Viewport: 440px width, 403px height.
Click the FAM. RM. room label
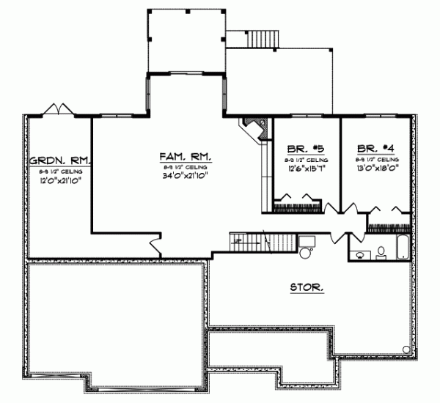pos(186,157)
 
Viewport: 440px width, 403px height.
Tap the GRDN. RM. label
pos(59,160)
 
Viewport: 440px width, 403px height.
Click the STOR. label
pos(307,288)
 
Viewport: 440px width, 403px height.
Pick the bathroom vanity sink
pos(360,255)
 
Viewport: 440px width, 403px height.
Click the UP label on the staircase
pos(238,240)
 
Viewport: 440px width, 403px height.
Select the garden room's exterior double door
pos(57,110)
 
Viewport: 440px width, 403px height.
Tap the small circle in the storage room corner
pos(405,347)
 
